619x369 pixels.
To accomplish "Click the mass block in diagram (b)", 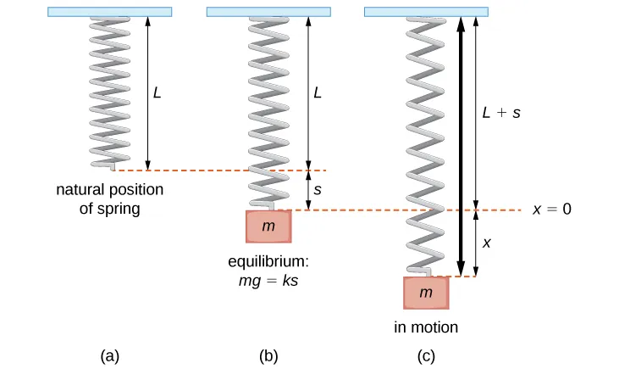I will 268,226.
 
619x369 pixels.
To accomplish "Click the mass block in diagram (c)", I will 426,293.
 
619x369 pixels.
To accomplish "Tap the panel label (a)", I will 108,356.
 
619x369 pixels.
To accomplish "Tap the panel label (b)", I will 268,356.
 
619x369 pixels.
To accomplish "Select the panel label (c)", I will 426,356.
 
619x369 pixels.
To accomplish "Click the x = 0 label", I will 552,210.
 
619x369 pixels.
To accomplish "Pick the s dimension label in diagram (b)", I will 318,190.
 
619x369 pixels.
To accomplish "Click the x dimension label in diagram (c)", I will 486,243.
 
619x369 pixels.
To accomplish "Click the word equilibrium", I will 268,261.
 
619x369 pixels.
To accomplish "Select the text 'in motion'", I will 426,327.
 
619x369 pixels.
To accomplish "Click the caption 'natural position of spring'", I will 109,198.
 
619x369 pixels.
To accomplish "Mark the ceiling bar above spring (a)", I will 110,12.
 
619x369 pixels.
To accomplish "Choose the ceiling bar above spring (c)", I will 426,12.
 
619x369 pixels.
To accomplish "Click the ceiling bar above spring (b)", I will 268,12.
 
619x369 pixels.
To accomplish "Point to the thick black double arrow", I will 460,144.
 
